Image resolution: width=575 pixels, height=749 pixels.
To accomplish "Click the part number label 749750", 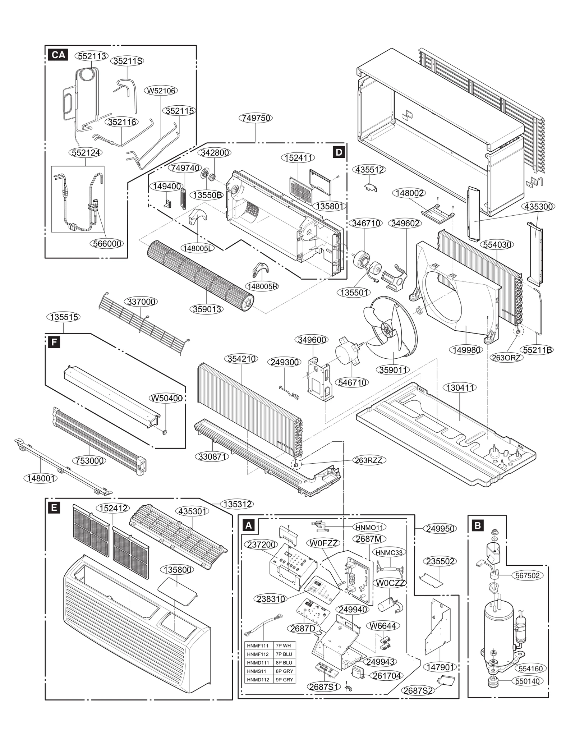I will pyautogui.click(x=256, y=118).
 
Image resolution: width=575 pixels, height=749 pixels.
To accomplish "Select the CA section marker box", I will pyautogui.click(x=58, y=55).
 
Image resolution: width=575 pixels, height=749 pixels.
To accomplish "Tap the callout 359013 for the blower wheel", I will pyautogui.click(x=207, y=309).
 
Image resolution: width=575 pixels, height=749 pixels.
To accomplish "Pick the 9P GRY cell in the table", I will pyautogui.click(x=284, y=680).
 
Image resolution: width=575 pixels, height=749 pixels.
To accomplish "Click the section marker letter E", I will pyautogui.click(x=54, y=507).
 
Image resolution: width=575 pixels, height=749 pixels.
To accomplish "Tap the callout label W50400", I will pyautogui.click(x=166, y=398).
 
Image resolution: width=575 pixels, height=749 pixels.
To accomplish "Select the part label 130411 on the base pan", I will pyautogui.click(x=460, y=388).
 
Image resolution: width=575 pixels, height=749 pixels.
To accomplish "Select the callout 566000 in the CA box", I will pyautogui.click(x=106, y=243).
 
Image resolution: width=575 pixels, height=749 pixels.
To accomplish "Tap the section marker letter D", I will pyautogui.click(x=339, y=152).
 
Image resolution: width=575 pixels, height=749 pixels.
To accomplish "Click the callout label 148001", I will pyautogui.click(x=41, y=478).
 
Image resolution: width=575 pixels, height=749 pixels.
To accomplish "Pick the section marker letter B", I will pyautogui.click(x=477, y=525).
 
